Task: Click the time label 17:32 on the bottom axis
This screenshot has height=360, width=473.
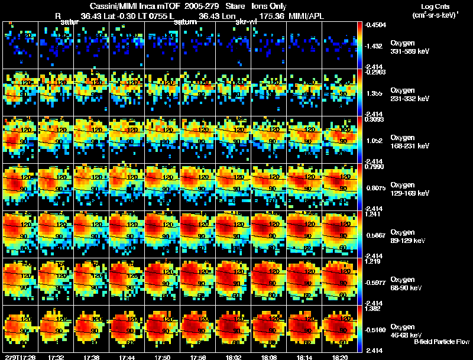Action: click(57, 357)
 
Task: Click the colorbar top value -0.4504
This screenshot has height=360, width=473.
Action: click(377, 25)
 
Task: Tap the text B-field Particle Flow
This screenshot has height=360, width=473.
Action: click(441, 342)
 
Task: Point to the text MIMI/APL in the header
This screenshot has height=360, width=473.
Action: click(307, 16)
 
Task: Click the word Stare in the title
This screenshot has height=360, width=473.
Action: click(235, 6)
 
